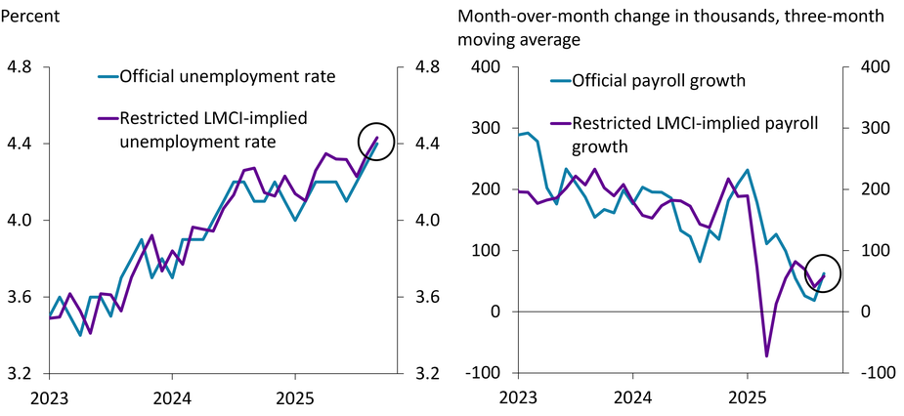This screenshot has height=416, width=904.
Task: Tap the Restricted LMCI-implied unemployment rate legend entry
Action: click(213, 130)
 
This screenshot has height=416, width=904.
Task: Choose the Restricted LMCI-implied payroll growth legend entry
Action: click(694, 135)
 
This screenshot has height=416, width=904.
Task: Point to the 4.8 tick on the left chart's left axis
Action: click(20, 67)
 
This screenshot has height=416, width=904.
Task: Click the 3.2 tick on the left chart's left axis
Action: click(20, 374)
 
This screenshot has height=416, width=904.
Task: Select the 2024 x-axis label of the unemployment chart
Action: click(171, 398)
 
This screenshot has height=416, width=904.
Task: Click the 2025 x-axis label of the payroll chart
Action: click(748, 398)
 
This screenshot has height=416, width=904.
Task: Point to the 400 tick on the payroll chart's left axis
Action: click(486, 67)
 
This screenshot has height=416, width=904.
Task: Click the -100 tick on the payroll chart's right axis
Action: click(871, 374)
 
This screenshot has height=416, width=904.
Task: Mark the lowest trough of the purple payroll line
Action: click(766, 356)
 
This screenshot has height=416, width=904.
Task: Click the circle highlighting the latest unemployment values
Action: click(376, 142)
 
